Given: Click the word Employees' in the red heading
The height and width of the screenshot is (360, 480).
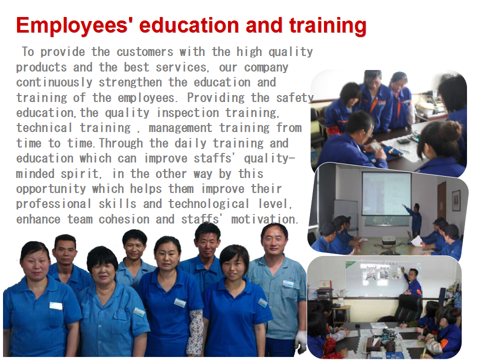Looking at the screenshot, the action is point(72,26).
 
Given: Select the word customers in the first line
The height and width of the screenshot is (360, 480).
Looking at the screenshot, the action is point(145,52).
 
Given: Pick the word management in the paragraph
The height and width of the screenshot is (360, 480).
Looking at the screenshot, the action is point(180,128).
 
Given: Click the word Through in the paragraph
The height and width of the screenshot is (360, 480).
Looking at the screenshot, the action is point(121,143).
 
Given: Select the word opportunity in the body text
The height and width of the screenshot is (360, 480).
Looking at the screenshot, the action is point(51,189).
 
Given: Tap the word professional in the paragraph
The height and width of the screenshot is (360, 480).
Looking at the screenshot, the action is point(53,204).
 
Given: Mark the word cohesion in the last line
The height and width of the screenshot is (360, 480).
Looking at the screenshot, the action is point(123,219).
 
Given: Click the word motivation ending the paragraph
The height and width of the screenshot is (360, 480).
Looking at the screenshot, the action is point(264,219).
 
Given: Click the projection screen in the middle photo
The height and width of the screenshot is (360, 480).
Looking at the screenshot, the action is point(386,193).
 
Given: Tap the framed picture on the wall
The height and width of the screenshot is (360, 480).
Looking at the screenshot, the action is point(456,200).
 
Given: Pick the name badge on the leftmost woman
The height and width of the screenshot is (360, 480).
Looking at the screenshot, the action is point(55,306).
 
